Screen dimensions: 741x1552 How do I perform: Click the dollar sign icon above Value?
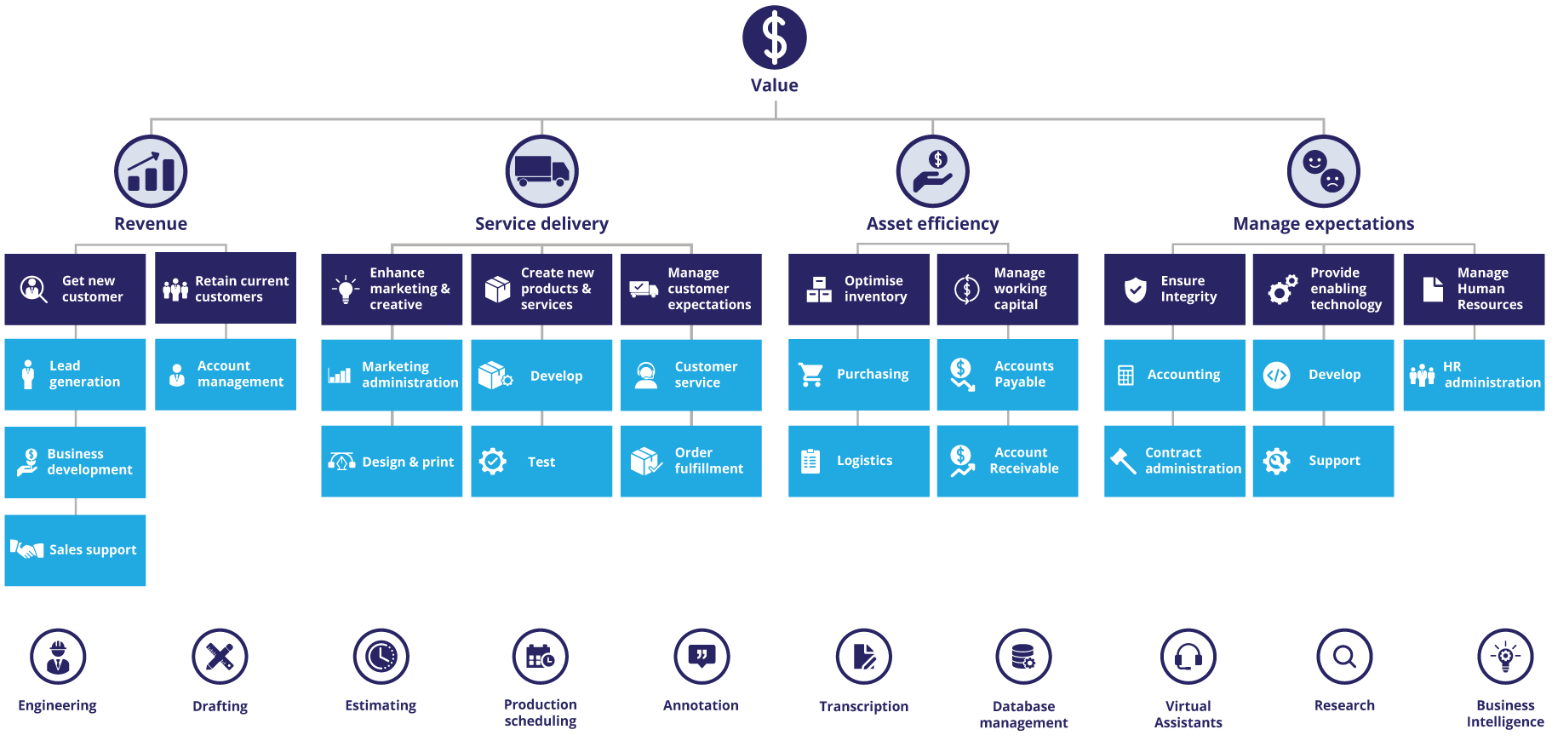click(x=774, y=38)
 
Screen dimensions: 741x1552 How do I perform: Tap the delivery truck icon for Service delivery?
click(x=541, y=170)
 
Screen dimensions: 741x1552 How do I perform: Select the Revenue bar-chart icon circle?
click(x=151, y=171)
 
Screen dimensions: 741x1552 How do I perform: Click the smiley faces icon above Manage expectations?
click(x=1323, y=171)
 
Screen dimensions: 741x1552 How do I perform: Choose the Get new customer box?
click(x=75, y=289)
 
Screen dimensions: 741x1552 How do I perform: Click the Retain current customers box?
click(x=226, y=289)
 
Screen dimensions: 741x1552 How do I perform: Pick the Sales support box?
click(x=75, y=550)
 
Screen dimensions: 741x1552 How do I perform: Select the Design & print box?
click(x=392, y=462)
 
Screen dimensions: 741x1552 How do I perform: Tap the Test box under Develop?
click(x=541, y=462)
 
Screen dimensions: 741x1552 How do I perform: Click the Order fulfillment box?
click(x=690, y=461)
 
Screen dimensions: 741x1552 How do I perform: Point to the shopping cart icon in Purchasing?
click(x=810, y=375)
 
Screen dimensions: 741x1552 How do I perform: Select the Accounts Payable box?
click(x=1007, y=375)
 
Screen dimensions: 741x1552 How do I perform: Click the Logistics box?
click(x=858, y=461)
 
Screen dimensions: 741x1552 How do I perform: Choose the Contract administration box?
click(x=1174, y=461)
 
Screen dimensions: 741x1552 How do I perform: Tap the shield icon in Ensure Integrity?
click(x=1135, y=290)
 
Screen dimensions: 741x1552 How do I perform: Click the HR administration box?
click(x=1473, y=375)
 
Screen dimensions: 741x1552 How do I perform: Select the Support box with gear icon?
click(x=1323, y=461)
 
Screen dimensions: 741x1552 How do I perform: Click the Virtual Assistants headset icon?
click(x=1188, y=657)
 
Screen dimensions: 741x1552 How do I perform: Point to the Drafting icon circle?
click(x=220, y=657)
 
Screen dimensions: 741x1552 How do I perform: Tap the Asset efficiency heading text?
click(x=932, y=224)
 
